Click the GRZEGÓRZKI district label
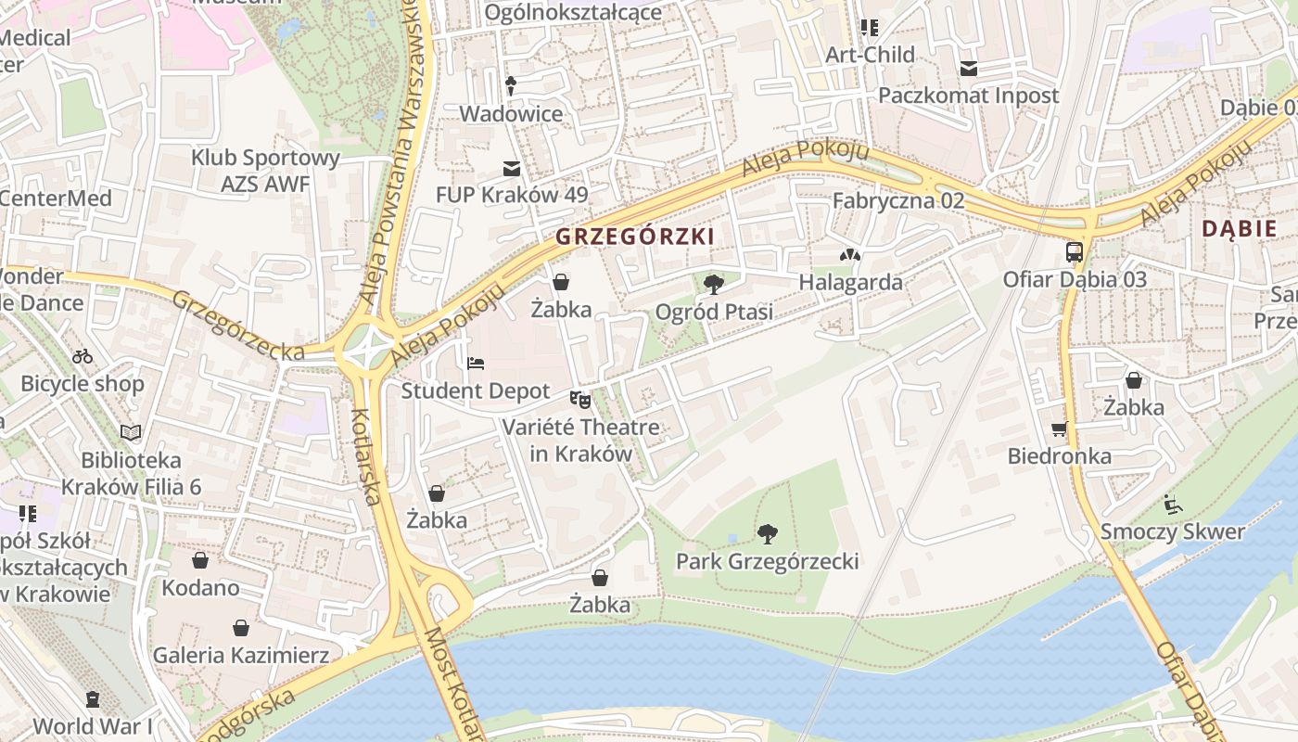635,237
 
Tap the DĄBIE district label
1239,229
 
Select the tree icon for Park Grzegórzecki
767,533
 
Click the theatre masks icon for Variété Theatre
580,400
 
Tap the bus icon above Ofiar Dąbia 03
1074,251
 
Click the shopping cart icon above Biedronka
1059,429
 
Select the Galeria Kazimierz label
240,656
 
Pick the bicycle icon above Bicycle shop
83,356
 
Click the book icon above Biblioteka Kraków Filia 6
131,432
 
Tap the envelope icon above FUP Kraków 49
511,168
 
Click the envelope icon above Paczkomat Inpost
968,68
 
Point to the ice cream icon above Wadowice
511,86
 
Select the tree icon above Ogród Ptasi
713,284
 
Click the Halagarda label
850,282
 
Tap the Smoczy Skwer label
1172,531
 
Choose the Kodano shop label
200,588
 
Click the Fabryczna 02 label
897,200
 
